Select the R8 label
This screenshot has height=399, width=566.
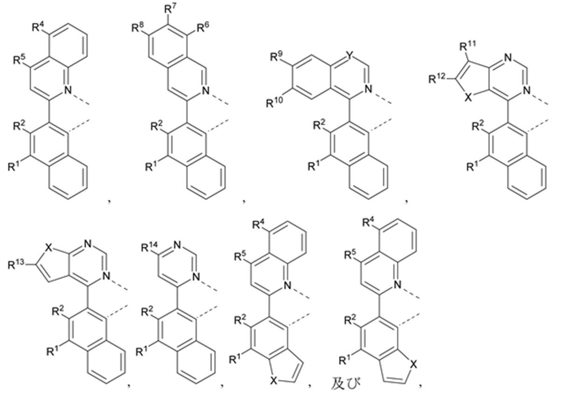pos(138,28)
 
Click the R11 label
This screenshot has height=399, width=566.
pos(468,46)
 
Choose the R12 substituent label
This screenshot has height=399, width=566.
pos(437,79)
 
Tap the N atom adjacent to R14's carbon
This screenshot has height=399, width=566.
pos(177,245)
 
